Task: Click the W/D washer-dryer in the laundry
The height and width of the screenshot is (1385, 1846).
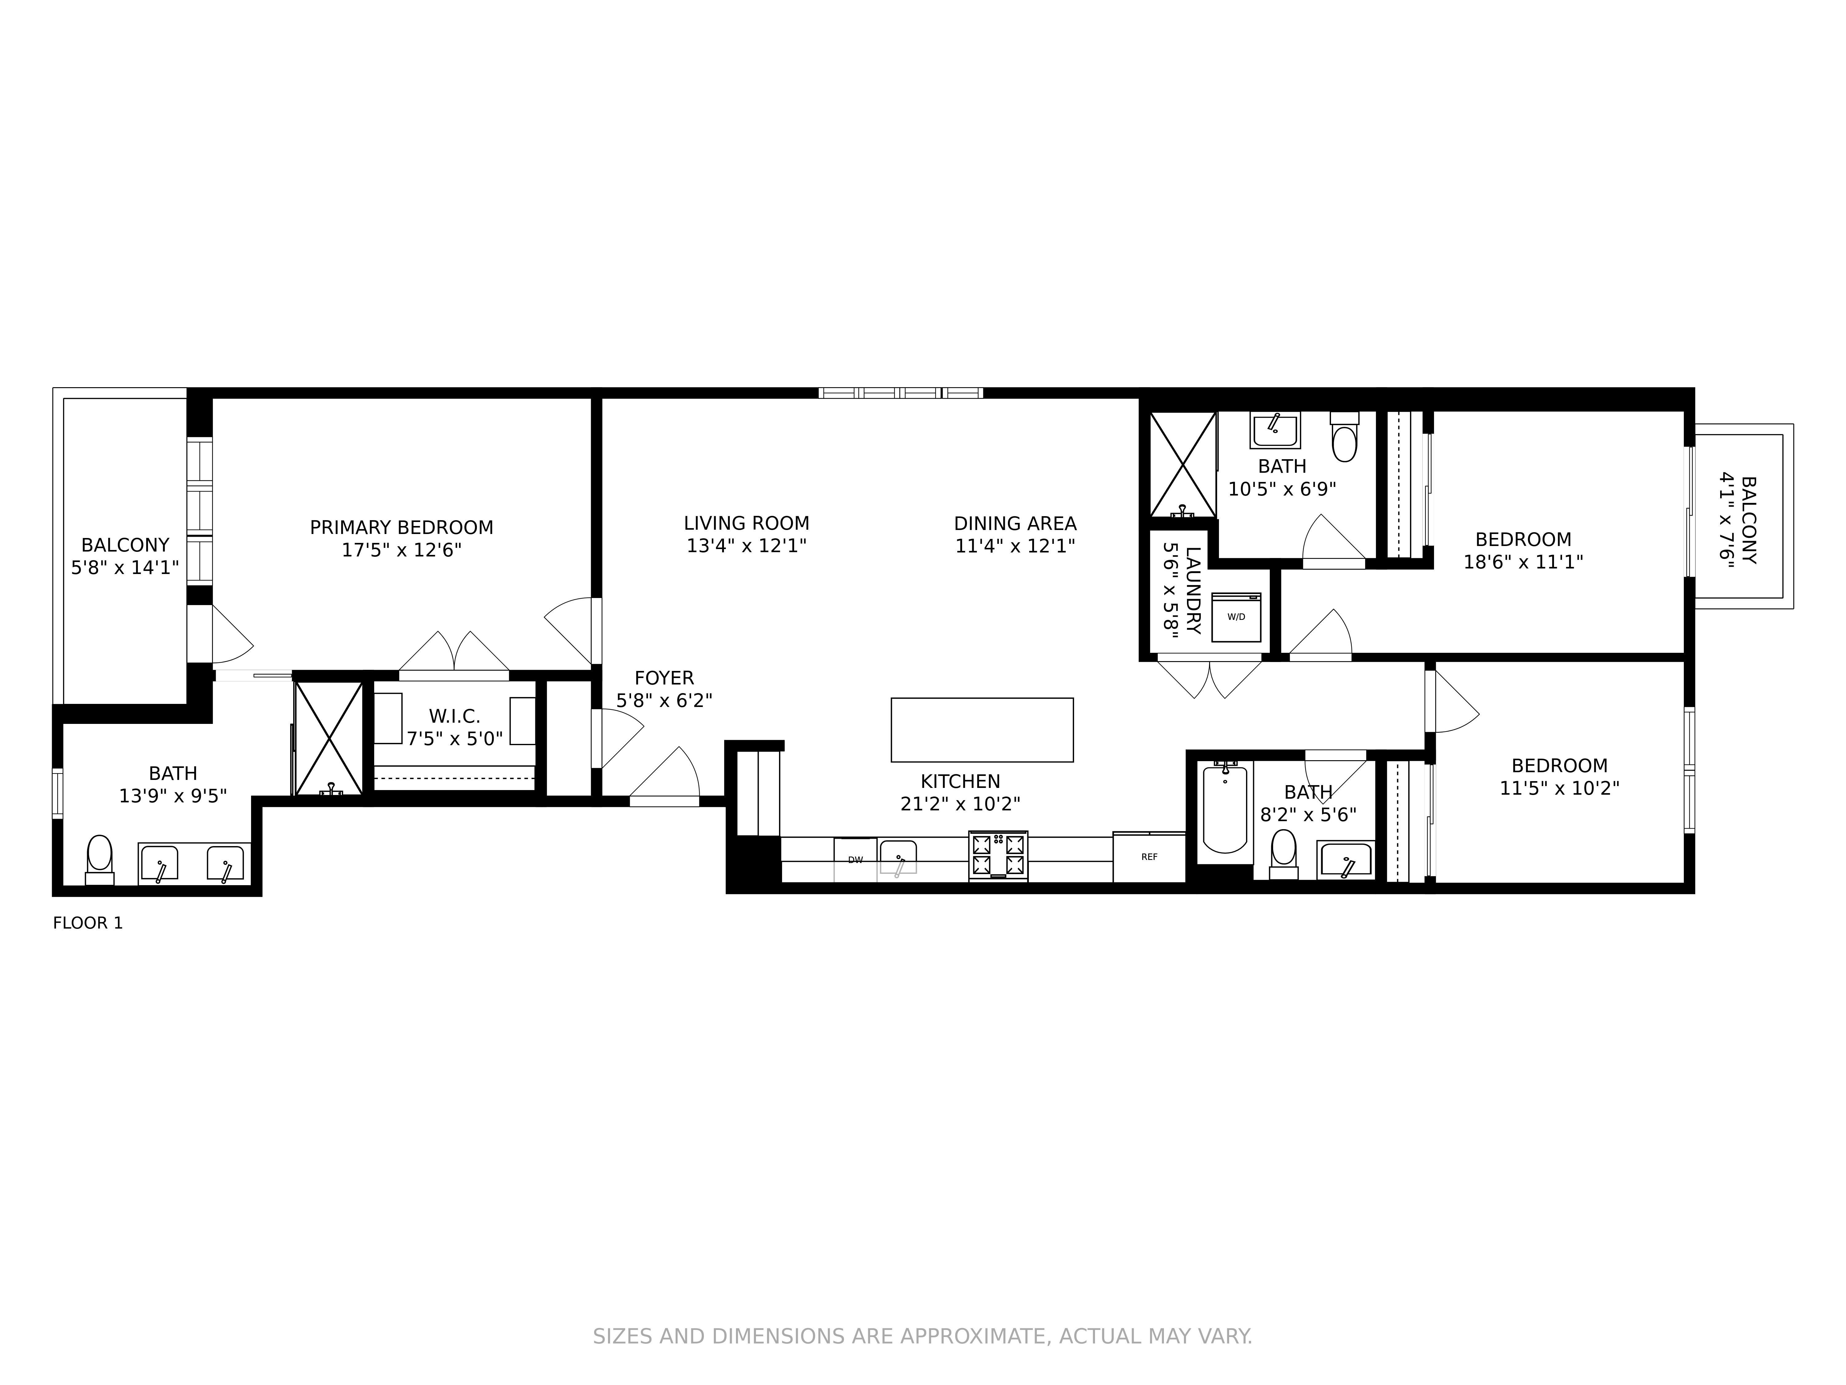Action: pyautogui.click(x=1236, y=617)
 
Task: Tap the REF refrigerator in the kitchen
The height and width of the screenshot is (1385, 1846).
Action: pyautogui.click(x=1149, y=857)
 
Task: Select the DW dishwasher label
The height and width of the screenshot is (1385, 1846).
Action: pyautogui.click(x=855, y=860)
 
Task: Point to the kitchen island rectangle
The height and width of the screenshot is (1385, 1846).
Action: pyautogui.click(x=982, y=730)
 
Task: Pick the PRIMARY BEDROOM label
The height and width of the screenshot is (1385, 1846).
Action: pyautogui.click(x=402, y=528)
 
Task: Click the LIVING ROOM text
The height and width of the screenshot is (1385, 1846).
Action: pyautogui.click(x=746, y=524)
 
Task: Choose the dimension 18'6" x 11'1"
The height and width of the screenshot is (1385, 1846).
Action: pyautogui.click(x=1523, y=562)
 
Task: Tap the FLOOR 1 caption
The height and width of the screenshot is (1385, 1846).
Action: pyautogui.click(x=88, y=923)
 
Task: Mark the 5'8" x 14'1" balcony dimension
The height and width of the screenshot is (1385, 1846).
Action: pyautogui.click(x=125, y=568)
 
